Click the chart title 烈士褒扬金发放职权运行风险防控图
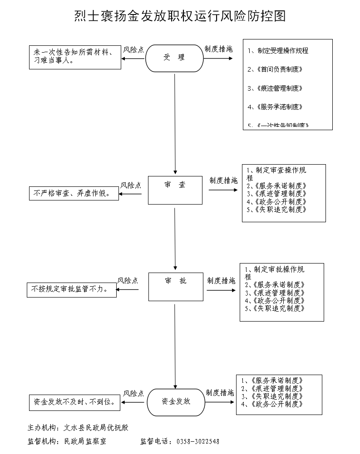(180, 17)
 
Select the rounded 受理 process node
(174, 58)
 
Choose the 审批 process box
(176, 287)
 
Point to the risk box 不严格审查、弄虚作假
(74, 194)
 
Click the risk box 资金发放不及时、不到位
(75, 402)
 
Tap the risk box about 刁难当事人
(75, 57)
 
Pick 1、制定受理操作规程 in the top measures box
(278, 51)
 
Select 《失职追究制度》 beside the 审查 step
(281, 210)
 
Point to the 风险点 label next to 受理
(133, 50)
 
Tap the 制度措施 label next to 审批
(221, 281)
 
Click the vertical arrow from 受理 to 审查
(175, 122)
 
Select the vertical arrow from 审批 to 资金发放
(175, 345)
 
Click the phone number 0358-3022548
(197, 441)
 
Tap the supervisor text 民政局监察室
(85, 441)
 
